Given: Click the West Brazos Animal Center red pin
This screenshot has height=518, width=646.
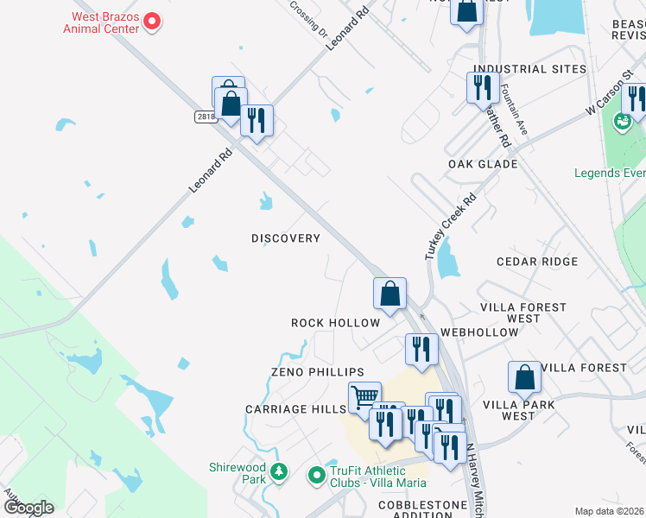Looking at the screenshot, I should coord(152,21).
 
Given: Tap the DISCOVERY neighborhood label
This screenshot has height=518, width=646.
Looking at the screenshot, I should coord(286,238).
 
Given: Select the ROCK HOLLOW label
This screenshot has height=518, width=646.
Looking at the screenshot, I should coord(335,323).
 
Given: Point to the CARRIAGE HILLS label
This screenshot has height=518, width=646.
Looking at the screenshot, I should coord(295,409).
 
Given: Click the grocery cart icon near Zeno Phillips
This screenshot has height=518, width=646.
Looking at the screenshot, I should coord(364,397).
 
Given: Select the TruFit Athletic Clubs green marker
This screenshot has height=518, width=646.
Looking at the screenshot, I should coord(316,473).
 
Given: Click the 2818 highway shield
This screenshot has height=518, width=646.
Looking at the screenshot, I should coord(205,117).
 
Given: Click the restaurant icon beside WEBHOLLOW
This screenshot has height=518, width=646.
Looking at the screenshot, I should coord(421,349).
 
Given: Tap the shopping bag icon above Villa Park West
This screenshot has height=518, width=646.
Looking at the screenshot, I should coord(524,376).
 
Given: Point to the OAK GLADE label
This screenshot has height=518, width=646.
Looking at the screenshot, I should coord(483,164).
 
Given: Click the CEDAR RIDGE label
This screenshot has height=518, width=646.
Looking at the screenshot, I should coord(537,262).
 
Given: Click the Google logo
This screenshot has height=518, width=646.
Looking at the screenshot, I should coord(28,508).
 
